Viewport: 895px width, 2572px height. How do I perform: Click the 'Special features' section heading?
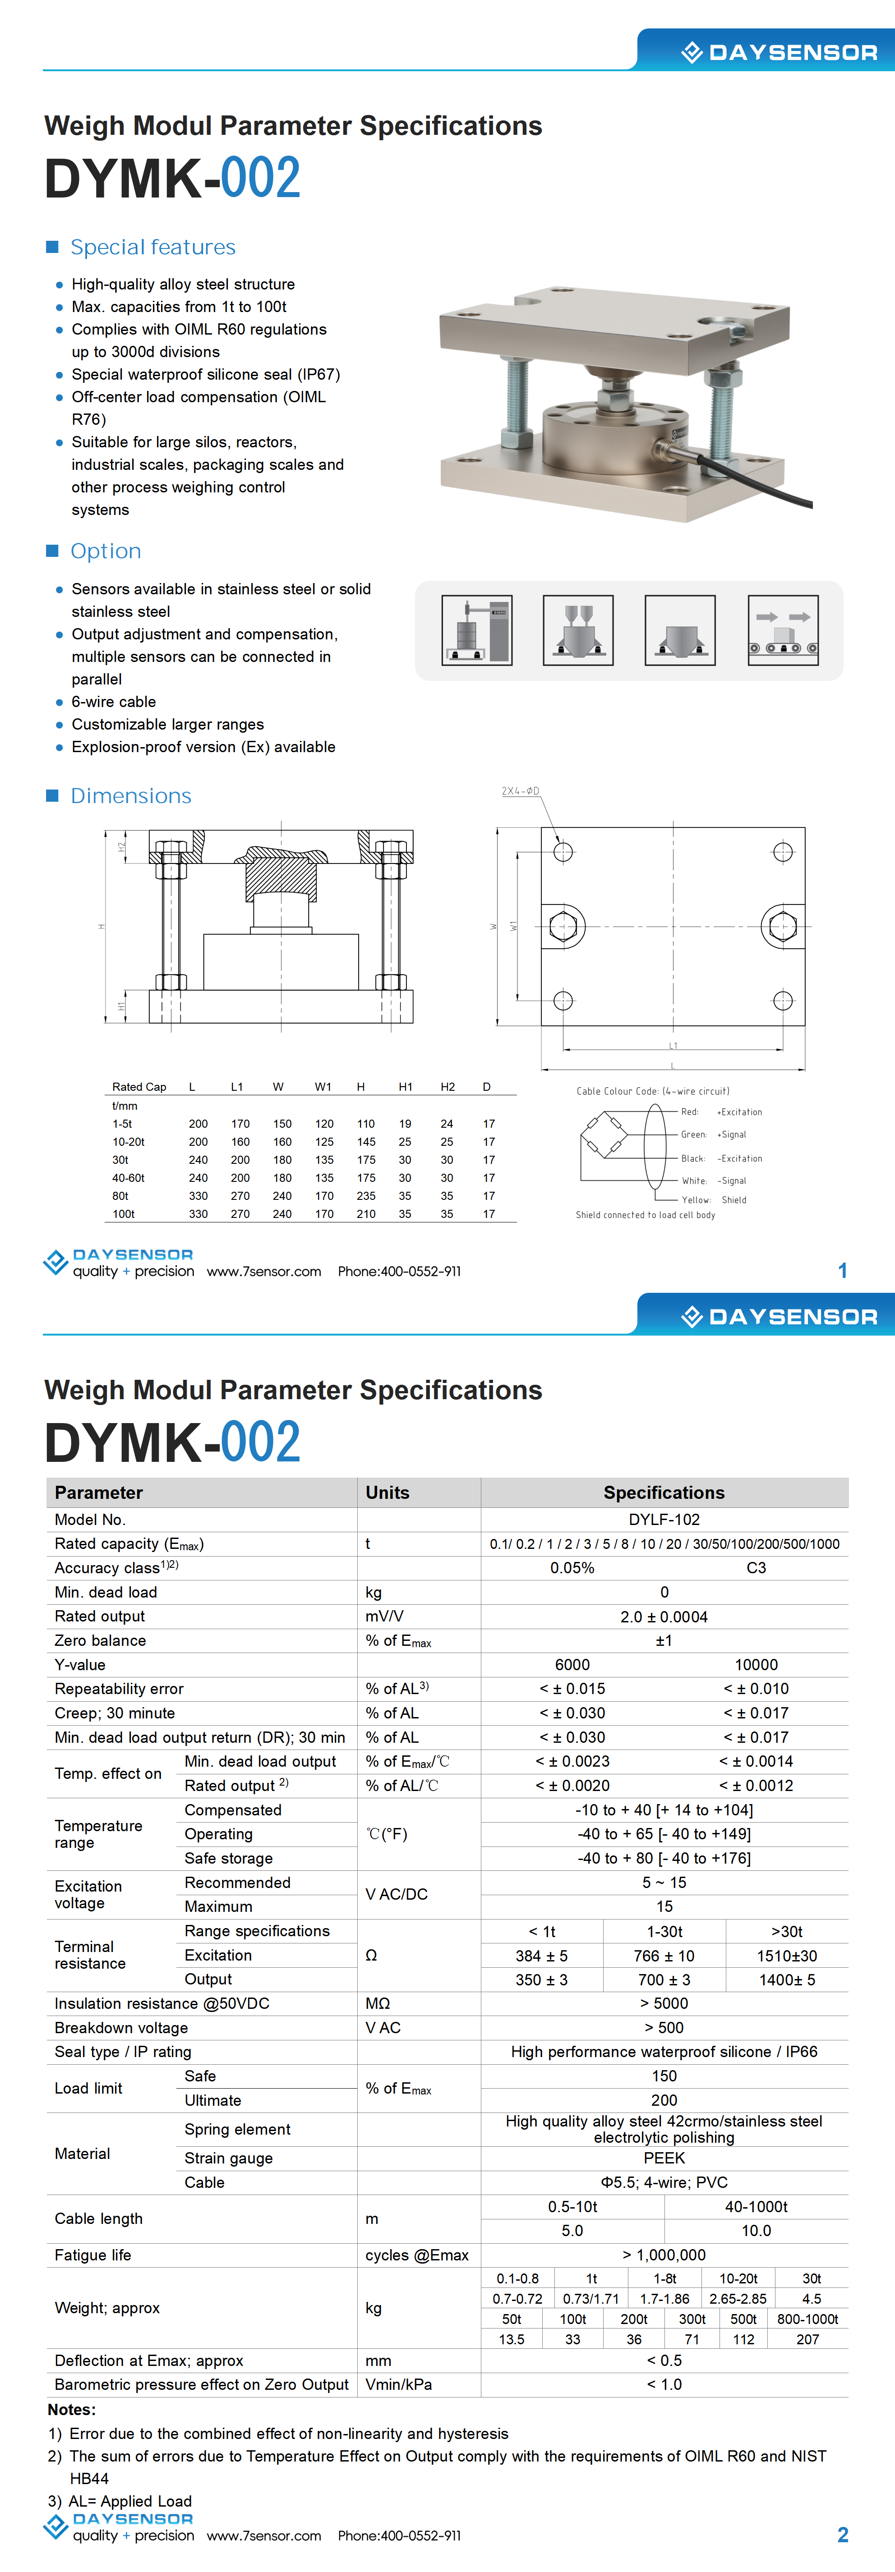coord(153,248)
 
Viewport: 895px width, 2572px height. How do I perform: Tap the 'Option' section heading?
coord(106,551)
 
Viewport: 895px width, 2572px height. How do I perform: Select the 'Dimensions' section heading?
coord(131,796)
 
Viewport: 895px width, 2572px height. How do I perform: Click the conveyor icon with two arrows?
coord(783,630)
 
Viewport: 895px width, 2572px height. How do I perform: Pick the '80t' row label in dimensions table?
coord(121,1196)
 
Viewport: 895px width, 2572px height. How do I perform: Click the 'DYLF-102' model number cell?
coord(664,1520)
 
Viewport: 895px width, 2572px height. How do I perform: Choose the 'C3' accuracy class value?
coord(756,1567)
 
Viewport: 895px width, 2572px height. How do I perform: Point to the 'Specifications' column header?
coord(664,1493)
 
